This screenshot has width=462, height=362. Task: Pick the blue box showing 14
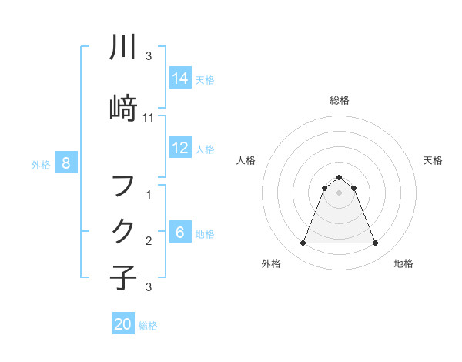pos(180,79)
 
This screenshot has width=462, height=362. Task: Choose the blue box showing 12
pos(180,148)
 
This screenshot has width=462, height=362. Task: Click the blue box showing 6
pos(180,233)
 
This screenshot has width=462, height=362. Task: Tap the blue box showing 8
pos(66,163)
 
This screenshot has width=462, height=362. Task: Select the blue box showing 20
pos(123,324)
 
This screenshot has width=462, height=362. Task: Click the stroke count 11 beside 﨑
pos(149,118)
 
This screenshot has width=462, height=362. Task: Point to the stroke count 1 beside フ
pos(149,196)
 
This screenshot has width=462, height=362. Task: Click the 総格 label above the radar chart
pos(339,100)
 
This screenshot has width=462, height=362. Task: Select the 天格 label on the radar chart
pos(434,160)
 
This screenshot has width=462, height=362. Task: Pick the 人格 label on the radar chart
pos(246,160)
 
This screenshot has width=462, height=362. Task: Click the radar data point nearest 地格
pos(375,243)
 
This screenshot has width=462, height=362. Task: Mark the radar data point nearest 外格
pos(303,243)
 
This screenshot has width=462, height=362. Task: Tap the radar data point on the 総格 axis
pos(339,177)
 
